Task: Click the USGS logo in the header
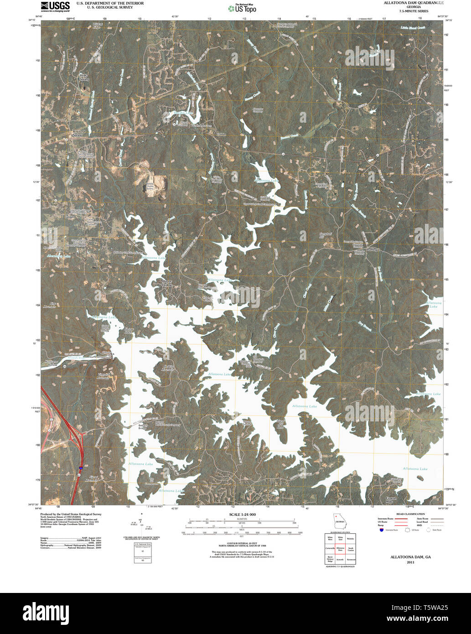point(55,6)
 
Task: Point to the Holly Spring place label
point(84,77)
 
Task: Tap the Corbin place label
point(221,134)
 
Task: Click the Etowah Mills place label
point(391,499)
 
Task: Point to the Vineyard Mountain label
point(103,376)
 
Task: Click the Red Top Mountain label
point(169,368)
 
